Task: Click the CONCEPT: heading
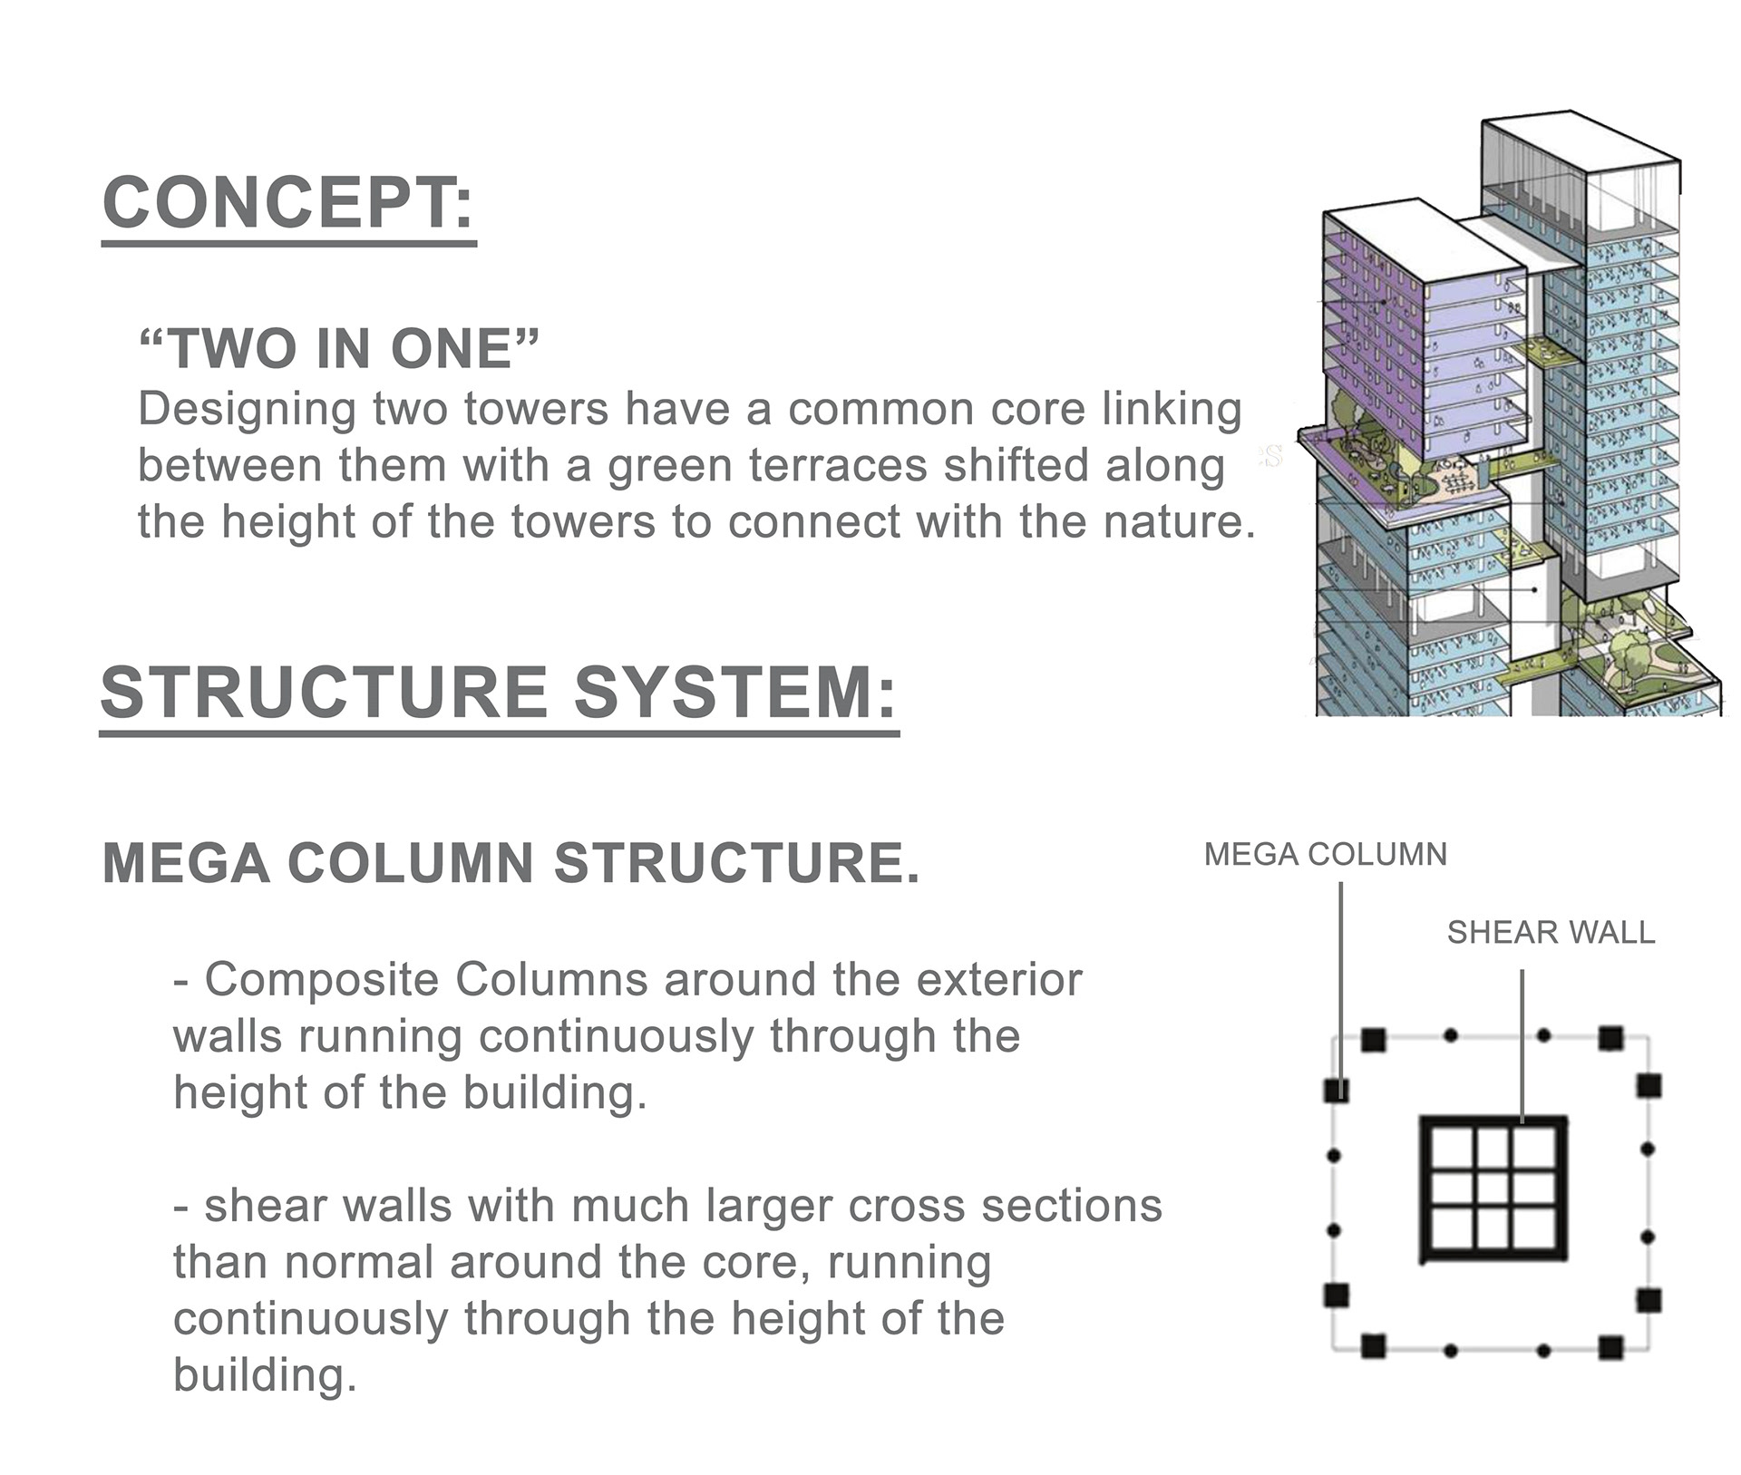click(x=288, y=203)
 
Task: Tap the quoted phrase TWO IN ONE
click(x=339, y=348)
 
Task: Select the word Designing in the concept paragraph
click(x=247, y=411)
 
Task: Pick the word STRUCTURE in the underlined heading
click(x=325, y=693)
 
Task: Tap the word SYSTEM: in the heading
click(x=735, y=693)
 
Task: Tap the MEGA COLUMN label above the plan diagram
click(x=1326, y=854)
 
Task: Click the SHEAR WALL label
click(x=1551, y=932)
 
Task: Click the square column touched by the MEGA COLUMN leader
click(x=1337, y=1089)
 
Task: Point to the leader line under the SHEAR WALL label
click(x=1522, y=1047)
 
